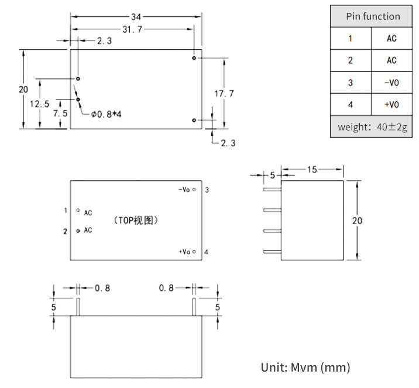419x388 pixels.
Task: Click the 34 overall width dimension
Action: tap(136, 17)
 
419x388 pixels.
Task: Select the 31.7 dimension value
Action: tap(132, 29)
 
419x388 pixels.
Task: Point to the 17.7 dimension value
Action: tap(224, 94)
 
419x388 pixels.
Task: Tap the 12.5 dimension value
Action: tap(40, 104)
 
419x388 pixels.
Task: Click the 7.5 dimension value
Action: tap(60, 114)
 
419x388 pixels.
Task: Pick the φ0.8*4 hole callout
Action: tap(106, 114)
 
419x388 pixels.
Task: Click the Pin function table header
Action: tap(373, 16)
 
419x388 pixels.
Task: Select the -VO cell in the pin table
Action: tap(391, 83)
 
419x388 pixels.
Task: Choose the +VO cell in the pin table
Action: tap(391, 105)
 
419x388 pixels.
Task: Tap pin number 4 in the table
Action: tap(351, 105)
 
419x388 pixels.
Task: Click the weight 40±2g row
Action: tap(372, 127)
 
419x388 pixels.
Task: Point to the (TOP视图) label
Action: tap(136, 221)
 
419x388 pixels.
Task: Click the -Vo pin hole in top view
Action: tap(194, 190)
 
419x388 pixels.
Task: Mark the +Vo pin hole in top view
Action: tap(194, 252)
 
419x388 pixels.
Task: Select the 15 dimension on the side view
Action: tap(312, 169)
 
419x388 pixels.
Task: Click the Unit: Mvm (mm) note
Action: tap(305, 368)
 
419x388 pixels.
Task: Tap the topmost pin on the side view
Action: tap(272, 190)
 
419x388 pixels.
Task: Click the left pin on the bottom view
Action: tap(78, 307)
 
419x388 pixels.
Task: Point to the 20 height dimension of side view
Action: tap(357, 221)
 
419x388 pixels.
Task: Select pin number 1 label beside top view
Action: tap(66, 210)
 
